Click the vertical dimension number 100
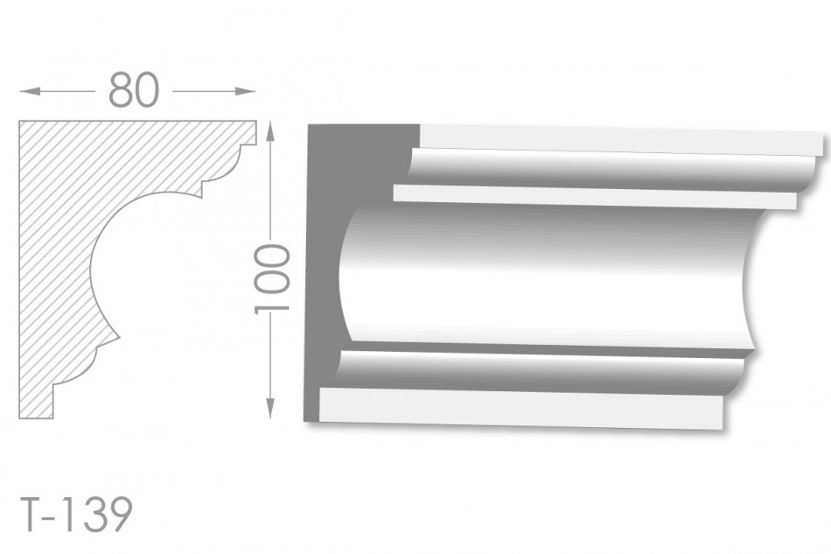click(x=272, y=279)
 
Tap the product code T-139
click(x=76, y=515)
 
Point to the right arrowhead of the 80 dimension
click(x=245, y=92)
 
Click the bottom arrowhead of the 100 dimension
click(x=270, y=408)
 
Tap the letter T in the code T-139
click(x=31, y=515)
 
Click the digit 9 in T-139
click(x=120, y=515)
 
